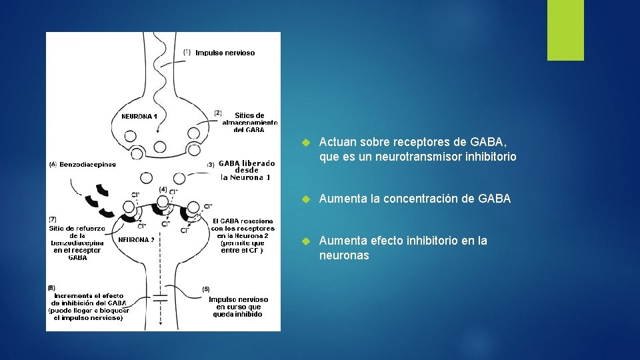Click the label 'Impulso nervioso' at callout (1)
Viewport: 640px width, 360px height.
(x=225, y=53)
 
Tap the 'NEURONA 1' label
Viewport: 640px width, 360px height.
(x=139, y=116)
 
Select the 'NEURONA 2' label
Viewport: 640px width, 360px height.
(x=137, y=240)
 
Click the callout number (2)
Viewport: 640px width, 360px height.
(x=218, y=113)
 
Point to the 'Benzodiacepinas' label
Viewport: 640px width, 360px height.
(x=87, y=164)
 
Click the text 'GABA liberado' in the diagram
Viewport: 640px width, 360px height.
(x=246, y=163)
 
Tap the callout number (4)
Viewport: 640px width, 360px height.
(x=163, y=189)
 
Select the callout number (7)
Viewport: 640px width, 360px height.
(x=52, y=219)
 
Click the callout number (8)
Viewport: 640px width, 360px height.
(x=52, y=287)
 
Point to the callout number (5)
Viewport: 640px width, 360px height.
(x=206, y=289)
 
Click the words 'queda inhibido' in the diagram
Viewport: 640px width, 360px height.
(x=238, y=314)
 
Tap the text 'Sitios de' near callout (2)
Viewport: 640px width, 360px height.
(x=250, y=115)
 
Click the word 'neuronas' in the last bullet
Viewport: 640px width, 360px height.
(x=344, y=255)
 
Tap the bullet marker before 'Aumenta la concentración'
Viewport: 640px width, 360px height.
(x=305, y=199)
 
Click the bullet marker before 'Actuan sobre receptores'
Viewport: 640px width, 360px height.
(x=305, y=143)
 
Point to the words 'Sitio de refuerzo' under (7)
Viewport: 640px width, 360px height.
(x=77, y=228)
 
